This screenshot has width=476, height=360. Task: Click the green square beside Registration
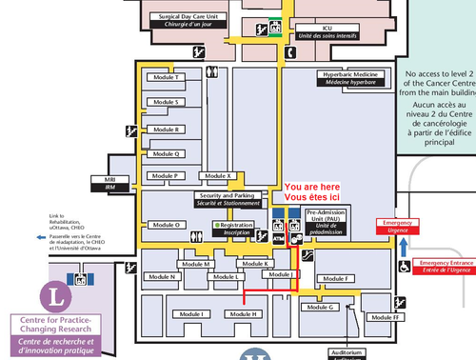coord(216,225)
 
